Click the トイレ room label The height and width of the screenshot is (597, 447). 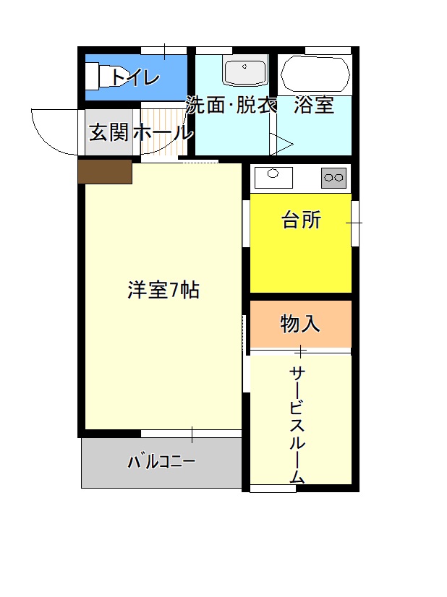point(135,78)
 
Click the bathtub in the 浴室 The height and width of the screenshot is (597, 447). point(315,74)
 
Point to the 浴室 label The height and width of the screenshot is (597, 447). point(314,105)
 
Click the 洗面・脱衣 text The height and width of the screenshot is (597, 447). point(231,105)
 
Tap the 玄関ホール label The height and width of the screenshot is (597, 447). point(140,132)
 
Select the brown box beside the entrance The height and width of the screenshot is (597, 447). point(105,171)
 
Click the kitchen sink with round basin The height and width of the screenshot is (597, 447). point(273,177)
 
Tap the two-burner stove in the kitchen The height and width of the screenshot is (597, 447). point(334,178)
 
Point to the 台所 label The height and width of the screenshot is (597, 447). point(301,220)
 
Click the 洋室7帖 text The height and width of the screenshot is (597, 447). point(163,290)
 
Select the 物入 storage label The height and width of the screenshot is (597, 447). point(300,324)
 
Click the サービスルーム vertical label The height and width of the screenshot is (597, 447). point(297,424)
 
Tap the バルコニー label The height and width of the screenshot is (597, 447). point(161,462)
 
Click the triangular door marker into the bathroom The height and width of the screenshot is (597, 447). point(281,145)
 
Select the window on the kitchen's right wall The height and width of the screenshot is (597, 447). point(355,223)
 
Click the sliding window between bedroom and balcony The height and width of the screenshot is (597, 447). point(191,434)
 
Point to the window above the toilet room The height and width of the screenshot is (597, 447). point(164,51)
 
